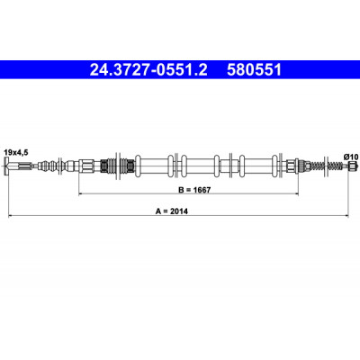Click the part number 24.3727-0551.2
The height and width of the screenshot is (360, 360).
pyautogui.click(x=148, y=70)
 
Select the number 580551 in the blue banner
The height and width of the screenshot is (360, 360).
pyautogui.click(x=254, y=70)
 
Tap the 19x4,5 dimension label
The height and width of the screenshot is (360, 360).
pyautogui.click(x=16, y=153)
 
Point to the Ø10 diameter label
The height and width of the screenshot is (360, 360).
pyautogui.click(x=351, y=157)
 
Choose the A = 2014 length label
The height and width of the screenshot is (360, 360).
pyautogui.click(x=172, y=211)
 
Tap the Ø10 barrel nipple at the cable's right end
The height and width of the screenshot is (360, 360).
pyautogui.click(x=353, y=166)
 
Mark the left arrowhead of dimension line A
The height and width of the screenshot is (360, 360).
pyautogui.click(x=10, y=215)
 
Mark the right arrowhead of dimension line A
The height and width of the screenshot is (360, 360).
pyautogui.click(x=346, y=215)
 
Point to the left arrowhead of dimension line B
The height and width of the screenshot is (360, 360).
pyautogui.click(x=81, y=193)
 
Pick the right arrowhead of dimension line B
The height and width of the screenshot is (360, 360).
pyautogui.click(x=296, y=193)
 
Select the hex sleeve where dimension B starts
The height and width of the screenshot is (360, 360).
pyautogui.click(x=86, y=166)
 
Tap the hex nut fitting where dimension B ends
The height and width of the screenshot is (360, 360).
pyautogui.click(x=292, y=166)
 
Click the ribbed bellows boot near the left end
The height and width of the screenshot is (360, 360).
pyautogui.click(x=48, y=166)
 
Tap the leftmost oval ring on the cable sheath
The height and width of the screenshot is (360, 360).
pyautogui.click(x=139, y=166)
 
